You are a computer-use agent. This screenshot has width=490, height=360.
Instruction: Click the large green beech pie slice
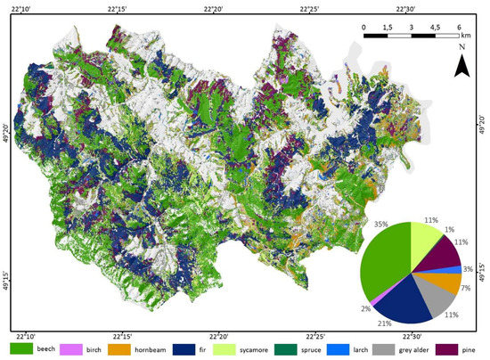[x=383, y=258]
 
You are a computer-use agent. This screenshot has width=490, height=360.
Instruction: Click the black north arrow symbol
[x=461, y=65]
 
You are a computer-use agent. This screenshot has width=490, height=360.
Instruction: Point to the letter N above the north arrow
[x=461, y=46]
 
